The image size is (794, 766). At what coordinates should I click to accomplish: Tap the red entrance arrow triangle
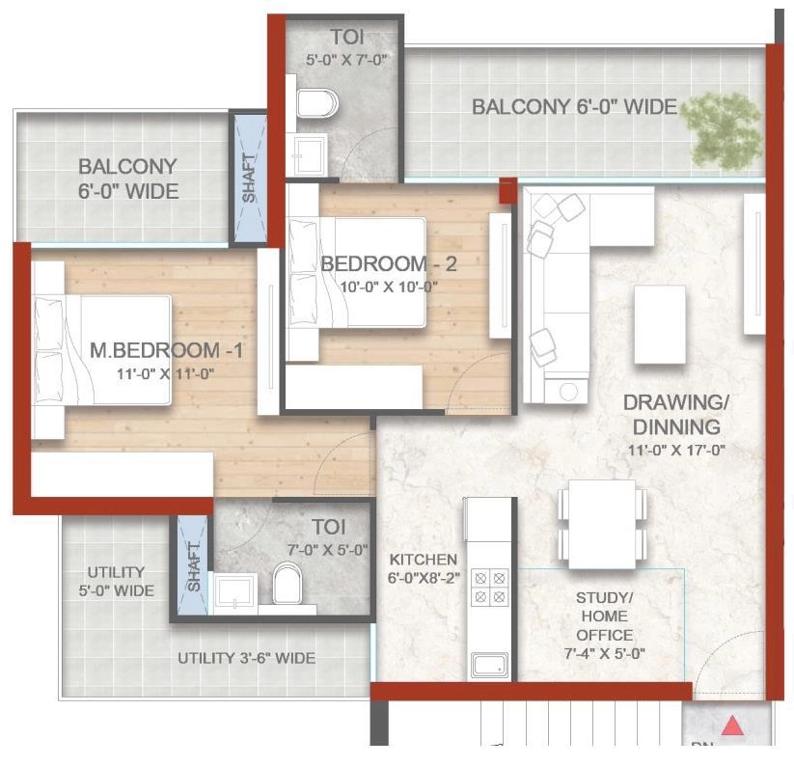click(x=733, y=725)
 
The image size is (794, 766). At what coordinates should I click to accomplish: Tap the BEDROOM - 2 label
click(x=373, y=263)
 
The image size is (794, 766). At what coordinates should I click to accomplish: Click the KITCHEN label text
click(x=423, y=560)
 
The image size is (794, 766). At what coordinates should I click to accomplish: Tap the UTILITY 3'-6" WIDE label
click(x=246, y=659)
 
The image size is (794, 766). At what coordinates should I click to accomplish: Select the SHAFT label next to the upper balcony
click(x=249, y=178)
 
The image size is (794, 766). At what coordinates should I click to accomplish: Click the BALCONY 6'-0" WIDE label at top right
click(x=574, y=107)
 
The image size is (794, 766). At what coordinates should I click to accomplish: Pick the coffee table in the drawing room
click(x=660, y=324)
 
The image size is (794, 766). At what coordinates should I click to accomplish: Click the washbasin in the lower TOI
click(x=233, y=591)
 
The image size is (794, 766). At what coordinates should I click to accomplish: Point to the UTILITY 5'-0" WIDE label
click(x=116, y=581)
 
